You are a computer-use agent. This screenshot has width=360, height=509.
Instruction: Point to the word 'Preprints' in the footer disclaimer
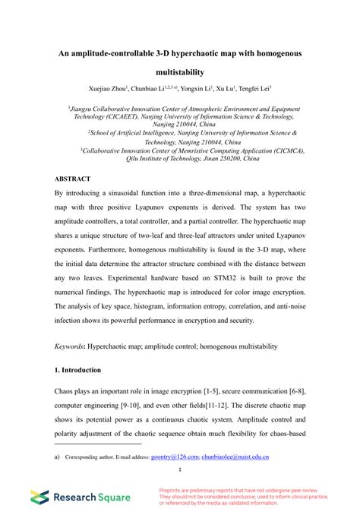tap(172, 490)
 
